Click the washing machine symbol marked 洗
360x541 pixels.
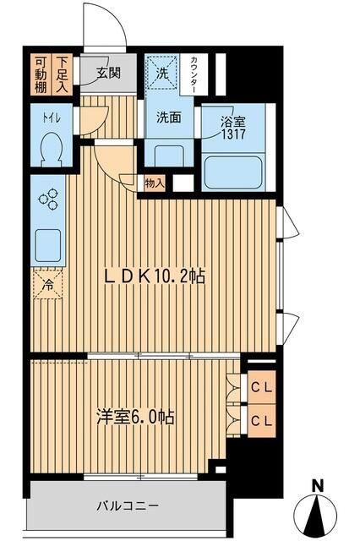click(163, 72)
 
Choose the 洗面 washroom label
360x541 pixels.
click(168, 117)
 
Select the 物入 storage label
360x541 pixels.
click(154, 182)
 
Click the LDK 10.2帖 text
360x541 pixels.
click(155, 276)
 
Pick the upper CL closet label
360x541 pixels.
click(262, 390)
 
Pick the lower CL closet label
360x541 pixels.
click(262, 420)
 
